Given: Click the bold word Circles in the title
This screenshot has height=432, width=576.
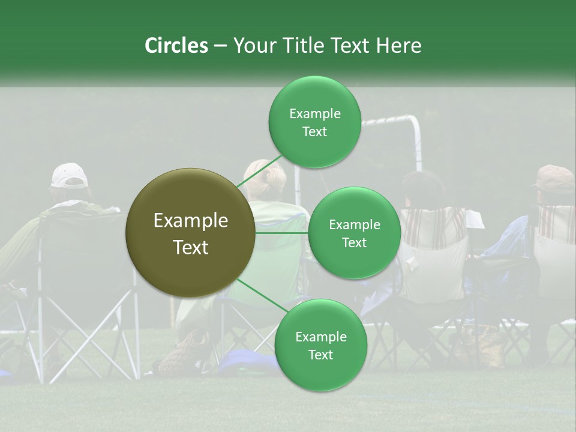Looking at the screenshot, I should (x=176, y=46).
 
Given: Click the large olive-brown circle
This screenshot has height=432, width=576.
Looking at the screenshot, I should (x=190, y=233).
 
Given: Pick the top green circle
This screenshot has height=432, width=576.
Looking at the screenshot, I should (x=314, y=122).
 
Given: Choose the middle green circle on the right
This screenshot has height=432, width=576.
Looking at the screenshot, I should (x=354, y=233).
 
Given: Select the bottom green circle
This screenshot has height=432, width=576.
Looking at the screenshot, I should (x=320, y=345).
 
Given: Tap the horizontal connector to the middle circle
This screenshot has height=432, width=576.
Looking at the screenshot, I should (x=281, y=233).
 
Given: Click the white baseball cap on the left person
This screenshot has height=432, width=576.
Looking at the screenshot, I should (x=69, y=175).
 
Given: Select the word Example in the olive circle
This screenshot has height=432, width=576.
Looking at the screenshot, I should (x=190, y=221).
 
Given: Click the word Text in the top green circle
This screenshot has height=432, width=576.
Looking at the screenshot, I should (x=314, y=132).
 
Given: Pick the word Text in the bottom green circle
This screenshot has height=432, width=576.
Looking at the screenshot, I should (x=320, y=355).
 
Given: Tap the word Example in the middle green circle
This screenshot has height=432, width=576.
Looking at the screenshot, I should (x=354, y=225).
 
